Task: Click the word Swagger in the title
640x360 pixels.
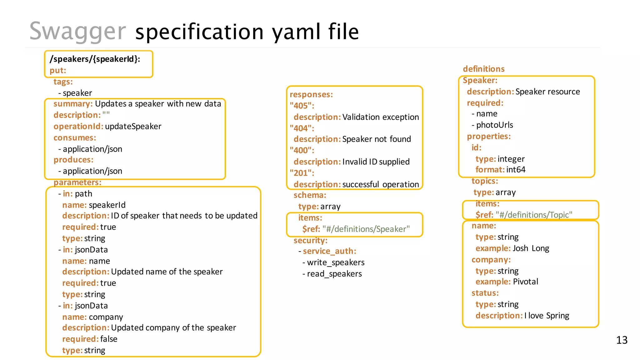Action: [77, 32]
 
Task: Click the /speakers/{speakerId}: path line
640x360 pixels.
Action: [95, 59]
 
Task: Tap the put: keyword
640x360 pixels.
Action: [58, 71]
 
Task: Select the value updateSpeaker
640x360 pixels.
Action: [133, 127]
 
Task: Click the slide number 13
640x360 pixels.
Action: [622, 340]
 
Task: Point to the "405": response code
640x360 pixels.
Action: [302, 106]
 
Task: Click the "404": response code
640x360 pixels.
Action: [302, 128]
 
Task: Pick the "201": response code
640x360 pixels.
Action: [302, 173]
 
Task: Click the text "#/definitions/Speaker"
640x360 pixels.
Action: [366, 229]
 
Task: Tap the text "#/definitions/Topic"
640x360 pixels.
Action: [534, 215]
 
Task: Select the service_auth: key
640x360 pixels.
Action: [329, 251]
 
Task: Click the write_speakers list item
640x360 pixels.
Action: [336, 262]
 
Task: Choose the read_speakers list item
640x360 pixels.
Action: [334, 274]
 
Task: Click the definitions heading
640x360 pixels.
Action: [484, 69]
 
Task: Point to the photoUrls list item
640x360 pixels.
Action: [494, 125]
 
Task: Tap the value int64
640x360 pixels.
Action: [516, 170]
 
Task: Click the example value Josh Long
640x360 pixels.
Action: [531, 248]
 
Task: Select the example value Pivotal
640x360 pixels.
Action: [526, 282]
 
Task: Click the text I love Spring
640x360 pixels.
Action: [547, 316]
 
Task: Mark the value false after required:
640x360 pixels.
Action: [109, 339]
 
